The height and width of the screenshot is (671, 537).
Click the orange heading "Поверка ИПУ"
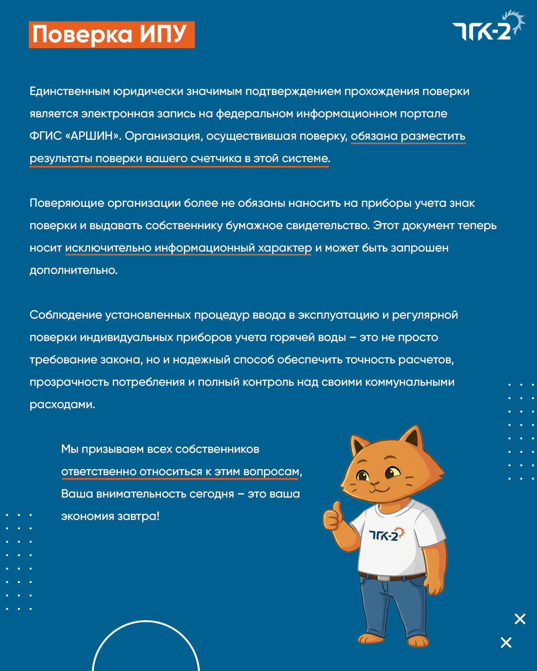point(111,35)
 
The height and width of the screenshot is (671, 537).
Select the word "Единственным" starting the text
point(70,91)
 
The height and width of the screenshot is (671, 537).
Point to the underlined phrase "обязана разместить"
point(408,136)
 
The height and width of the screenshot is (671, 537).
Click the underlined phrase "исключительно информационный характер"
point(188,248)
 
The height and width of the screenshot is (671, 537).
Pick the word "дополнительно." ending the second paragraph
point(74,270)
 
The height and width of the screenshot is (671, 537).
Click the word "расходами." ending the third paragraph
point(62,405)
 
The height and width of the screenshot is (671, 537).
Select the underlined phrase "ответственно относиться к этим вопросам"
point(180,471)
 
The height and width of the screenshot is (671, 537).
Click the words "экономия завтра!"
point(110,516)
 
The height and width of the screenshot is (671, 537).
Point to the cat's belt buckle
point(383,578)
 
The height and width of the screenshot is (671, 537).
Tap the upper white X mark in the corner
point(520,619)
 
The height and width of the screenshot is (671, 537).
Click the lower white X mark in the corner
point(506,643)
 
